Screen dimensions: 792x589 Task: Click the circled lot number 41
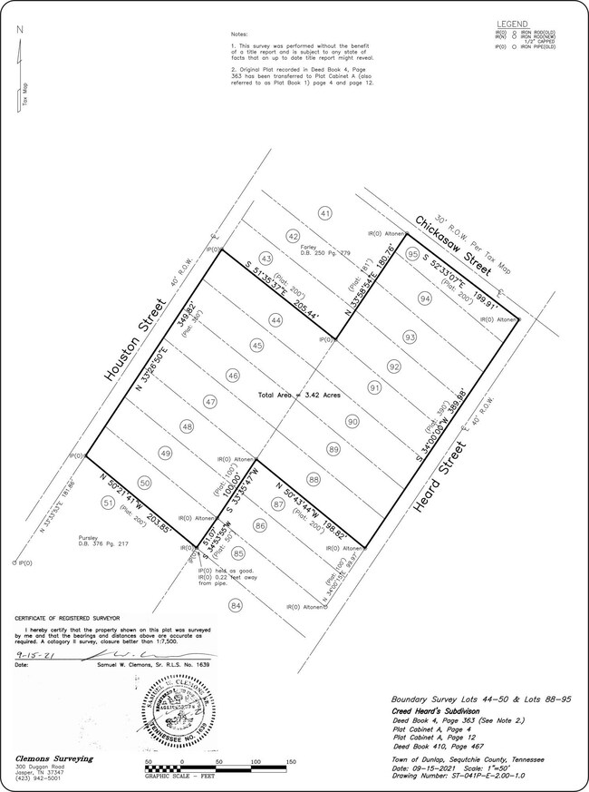coord(324,213)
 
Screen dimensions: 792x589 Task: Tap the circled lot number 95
coord(412,255)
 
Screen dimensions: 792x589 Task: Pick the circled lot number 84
coord(236,605)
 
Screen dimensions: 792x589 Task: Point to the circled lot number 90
coord(352,421)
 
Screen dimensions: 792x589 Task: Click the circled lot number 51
coord(109,502)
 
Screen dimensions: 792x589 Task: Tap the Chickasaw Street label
coord(453,246)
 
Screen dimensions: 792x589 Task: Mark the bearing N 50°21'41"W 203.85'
coord(141,506)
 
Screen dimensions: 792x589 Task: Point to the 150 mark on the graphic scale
coord(291,762)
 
